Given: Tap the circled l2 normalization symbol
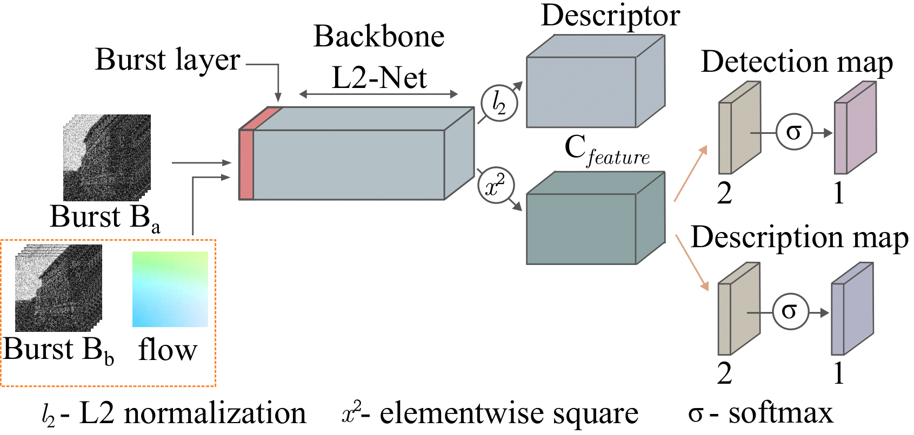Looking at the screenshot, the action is [499, 104].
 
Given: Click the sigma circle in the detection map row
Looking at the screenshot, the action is [793, 132].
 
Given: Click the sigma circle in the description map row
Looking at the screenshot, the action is [790, 311].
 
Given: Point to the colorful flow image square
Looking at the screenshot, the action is [170, 289].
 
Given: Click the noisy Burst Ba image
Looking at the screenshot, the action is [107, 157].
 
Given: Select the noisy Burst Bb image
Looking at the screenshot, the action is [58, 288].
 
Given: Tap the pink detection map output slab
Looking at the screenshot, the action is [855, 127].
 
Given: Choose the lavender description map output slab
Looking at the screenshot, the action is [852, 308].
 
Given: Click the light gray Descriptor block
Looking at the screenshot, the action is [596, 81].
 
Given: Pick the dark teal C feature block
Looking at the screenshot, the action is [596, 218].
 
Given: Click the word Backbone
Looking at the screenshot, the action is [379, 36].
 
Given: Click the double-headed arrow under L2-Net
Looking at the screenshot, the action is [378, 94].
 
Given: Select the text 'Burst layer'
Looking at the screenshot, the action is [168, 60].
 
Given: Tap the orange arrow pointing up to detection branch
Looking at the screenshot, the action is [690, 173].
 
